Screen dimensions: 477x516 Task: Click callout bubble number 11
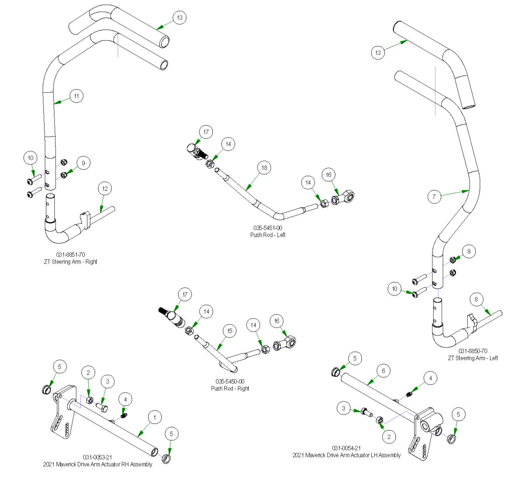pyautogui.click(x=76, y=96)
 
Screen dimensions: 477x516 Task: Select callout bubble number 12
pyautogui.click(x=105, y=189)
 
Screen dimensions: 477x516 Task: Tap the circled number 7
pyautogui.click(x=434, y=196)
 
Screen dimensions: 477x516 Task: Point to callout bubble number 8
pyautogui.click(x=476, y=299)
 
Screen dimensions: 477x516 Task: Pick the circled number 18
pyautogui.click(x=264, y=168)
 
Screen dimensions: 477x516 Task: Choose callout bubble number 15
pyautogui.click(x=230, y=331)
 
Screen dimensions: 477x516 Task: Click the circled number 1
pyautogui.click(x=155, y=417)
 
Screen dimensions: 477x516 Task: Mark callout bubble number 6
pyautogui.click(x=383, y=371)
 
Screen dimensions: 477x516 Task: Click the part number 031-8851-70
pyautogui.click(x=70, y=255)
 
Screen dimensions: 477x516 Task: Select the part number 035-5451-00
pyautogui.click(x=268, y=228)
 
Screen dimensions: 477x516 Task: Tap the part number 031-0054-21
pyautogui.click(x=346, y=448)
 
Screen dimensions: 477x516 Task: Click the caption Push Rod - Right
pyautogui.click(x=230, y=389)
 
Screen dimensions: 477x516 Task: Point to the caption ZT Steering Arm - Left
pyautogui.click(x=473, y=358)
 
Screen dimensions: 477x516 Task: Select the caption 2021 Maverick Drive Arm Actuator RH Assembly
pyautogui.click(x=98, y=464)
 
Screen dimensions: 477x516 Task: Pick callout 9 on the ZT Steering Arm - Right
pyautogui.click(x=83, y=163)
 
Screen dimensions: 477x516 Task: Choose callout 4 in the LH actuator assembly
pyautogui.click(x=430, y=378)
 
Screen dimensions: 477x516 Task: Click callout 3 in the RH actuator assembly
pyautogui.click(x=108, y=382)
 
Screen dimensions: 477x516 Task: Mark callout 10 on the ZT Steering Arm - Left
pyautogui.click(x=395, y=289)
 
